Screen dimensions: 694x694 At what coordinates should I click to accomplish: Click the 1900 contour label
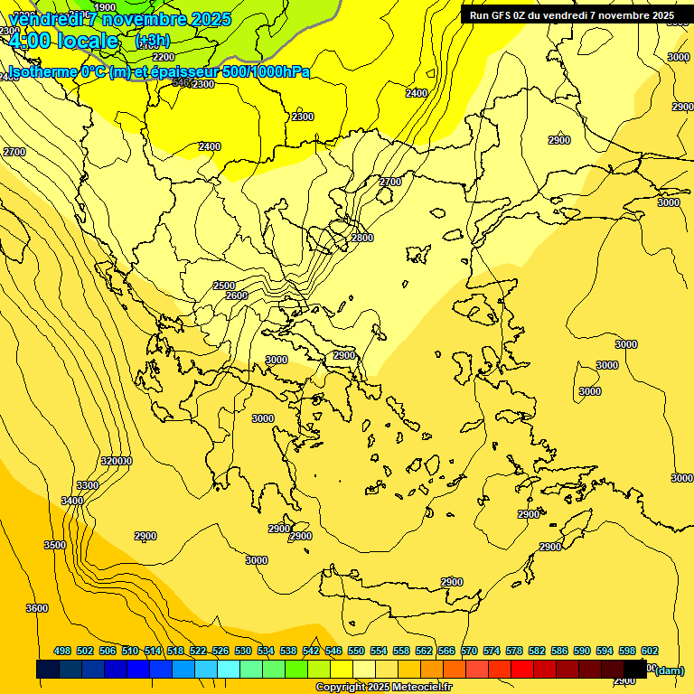click(105, 7)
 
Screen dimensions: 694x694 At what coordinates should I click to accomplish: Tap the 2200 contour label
click(164, 57)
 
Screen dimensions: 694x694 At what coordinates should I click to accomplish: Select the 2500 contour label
click(224, 286)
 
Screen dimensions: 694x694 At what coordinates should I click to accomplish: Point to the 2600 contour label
click(237, 295)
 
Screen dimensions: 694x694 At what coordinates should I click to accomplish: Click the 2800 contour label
click(361, 238)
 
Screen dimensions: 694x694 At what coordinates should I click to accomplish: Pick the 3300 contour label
click(88, 485)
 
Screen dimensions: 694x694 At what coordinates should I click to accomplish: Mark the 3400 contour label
click(72, 501)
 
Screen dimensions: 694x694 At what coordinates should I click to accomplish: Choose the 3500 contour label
click(55, 545)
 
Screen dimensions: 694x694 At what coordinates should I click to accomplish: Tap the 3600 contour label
click(37, 608)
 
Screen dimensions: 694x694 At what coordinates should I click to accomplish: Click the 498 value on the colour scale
click(62, 651)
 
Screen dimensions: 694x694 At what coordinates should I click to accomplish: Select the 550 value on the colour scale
click(356, 651)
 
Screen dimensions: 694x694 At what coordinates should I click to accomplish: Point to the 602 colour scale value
click(650, 651)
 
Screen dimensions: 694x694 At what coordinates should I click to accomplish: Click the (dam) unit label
click(670, 670)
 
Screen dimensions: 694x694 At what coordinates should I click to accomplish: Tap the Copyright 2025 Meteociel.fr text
click(384, 688)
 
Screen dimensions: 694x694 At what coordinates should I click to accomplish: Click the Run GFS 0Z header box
click(571, 15)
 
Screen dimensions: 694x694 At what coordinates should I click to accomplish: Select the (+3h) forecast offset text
click(151, 41)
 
